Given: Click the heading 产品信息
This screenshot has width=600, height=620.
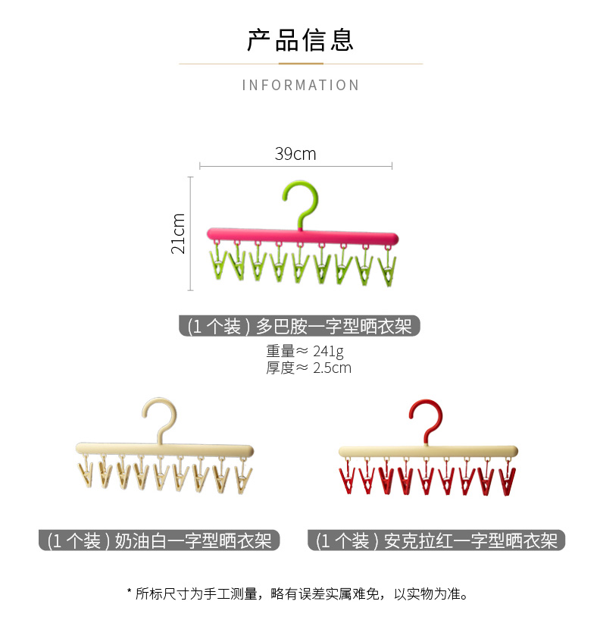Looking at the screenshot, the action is click(300, 39).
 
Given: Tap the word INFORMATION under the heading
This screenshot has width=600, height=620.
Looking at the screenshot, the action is click(301, 85).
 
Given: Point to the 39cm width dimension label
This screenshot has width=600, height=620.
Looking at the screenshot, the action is click(295, 154).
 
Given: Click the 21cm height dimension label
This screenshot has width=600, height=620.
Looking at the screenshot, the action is click(179, 233).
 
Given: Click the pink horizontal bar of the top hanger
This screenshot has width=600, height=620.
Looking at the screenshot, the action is click(302, 235).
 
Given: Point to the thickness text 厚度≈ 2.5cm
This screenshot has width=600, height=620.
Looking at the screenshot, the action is click(308, 368).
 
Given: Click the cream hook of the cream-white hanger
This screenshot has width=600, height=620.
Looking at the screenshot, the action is click(160, 417).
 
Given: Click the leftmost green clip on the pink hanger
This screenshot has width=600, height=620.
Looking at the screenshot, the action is click(218, 265).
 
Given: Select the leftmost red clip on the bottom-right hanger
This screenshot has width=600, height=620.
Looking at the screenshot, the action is click(348, 480).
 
